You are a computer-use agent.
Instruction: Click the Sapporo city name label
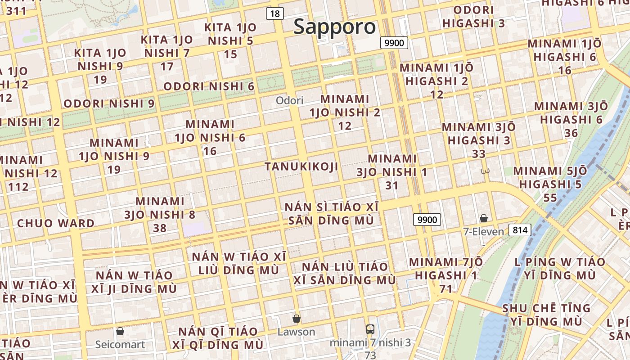tap(334, 27)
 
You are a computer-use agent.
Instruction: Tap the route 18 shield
tap(274, 13)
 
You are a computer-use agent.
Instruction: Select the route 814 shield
tap(520, 230)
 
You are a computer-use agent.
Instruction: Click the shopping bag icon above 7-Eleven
tap(484, 218)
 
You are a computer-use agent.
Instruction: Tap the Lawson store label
tap(296, 332)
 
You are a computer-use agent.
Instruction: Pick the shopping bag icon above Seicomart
tap(120, 332)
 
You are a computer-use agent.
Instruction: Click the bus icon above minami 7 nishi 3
tap(370, 329)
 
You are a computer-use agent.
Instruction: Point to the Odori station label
tap(289, 100)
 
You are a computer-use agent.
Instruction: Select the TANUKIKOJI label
tap(301, 166)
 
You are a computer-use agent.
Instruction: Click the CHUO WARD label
tap(56, 223)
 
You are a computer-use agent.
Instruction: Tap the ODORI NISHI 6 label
tap(209, 86)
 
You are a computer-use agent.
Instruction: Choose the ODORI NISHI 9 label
tap(109, 103)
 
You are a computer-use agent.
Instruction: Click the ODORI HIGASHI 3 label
tap(473, 17)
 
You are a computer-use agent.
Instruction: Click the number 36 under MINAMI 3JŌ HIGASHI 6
tap(571, 133)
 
